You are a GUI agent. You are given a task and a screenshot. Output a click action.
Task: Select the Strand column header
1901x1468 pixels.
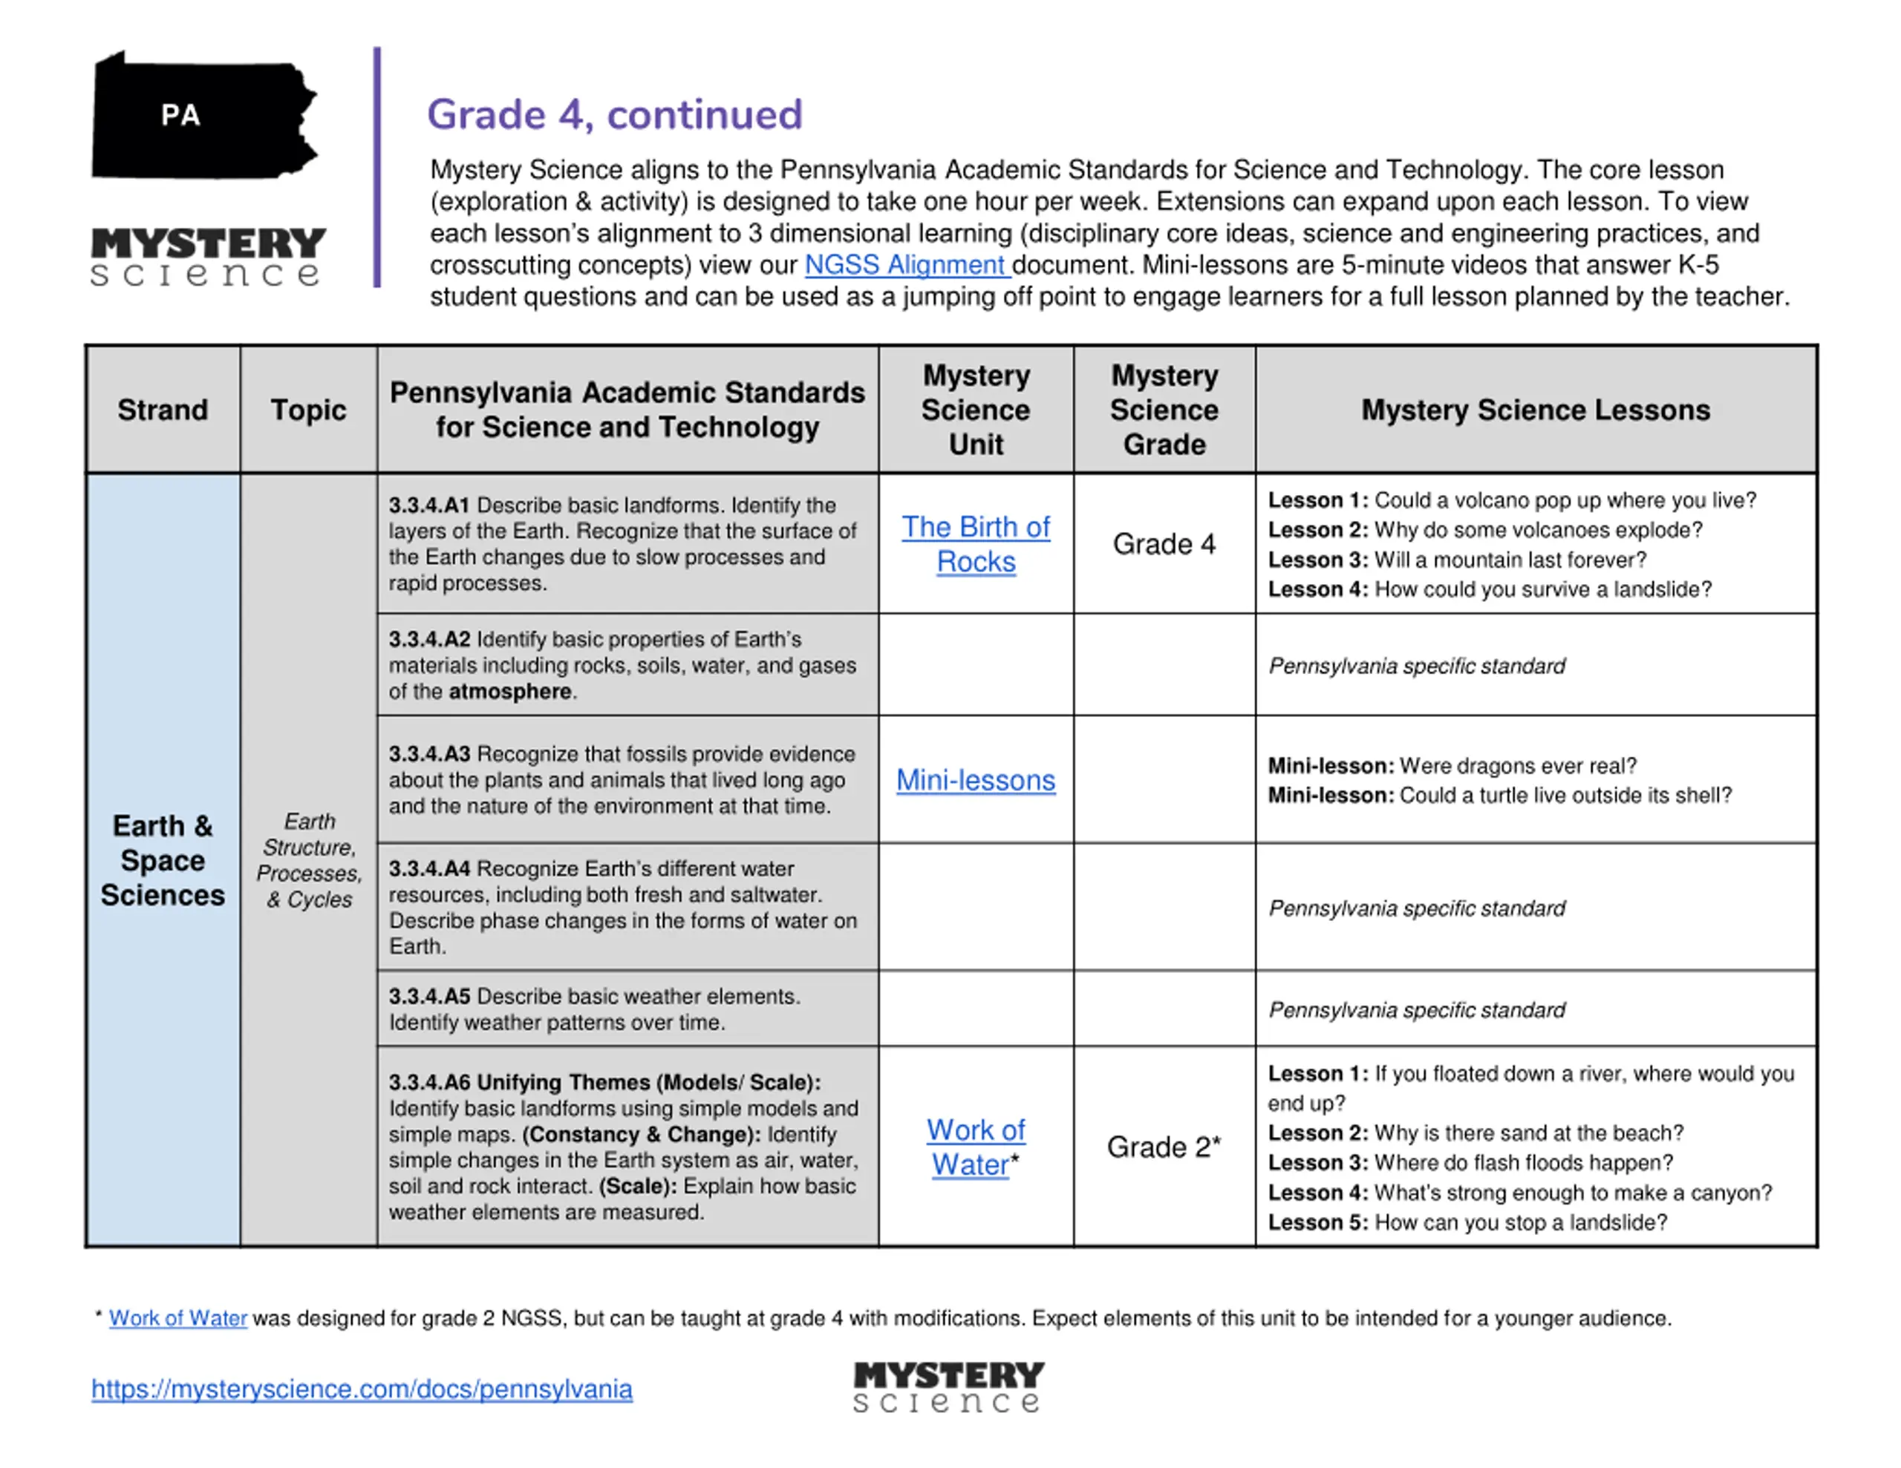pos(163,410)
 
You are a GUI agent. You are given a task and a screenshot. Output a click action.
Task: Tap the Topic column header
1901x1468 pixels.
pos(308,410)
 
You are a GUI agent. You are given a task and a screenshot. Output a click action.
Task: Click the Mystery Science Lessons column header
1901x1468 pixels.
pos(1535,410)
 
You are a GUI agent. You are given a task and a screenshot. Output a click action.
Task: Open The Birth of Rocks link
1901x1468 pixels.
pos(976,544)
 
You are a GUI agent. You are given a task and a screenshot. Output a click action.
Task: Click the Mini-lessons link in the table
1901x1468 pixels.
pos(976,781)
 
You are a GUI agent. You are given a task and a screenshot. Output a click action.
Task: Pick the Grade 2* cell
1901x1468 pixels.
pos(1163,1147)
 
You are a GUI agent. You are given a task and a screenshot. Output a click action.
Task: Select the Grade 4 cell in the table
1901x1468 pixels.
pos(1163,544)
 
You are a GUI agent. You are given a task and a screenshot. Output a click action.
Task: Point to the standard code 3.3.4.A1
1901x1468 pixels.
pos(429,505)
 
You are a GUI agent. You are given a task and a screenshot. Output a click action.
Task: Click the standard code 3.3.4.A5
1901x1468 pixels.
pos(429,997)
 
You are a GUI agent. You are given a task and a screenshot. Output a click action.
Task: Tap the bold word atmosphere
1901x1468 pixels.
pos(510,692)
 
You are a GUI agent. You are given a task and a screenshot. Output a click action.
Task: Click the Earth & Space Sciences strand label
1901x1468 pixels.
pos(163,861)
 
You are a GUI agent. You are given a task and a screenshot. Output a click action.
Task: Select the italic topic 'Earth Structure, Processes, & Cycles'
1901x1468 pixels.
pos(309,861)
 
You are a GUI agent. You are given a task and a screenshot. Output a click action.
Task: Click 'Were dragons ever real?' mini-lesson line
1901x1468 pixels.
pos(1452,766)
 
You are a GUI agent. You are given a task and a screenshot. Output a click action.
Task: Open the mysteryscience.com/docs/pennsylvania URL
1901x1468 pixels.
pos(362,1389)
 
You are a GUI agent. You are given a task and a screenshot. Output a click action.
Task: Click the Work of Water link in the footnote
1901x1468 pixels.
pos(177,1318)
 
